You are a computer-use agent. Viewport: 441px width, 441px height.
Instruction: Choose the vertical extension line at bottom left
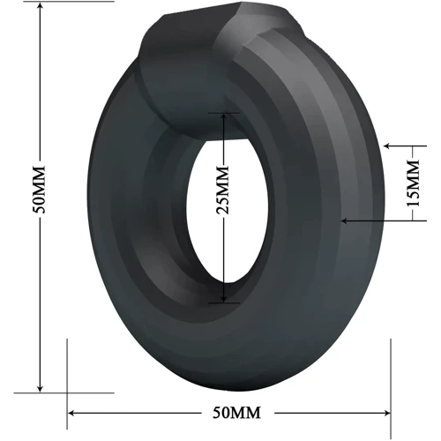[68, 370]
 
